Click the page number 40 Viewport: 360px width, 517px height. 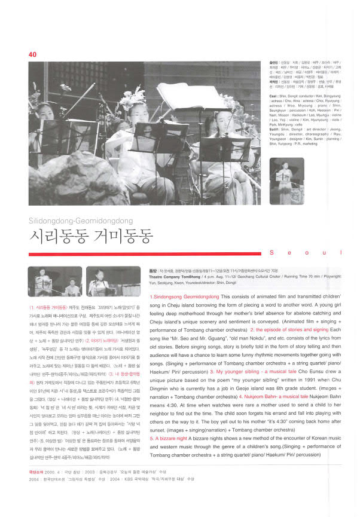(32, 54)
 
